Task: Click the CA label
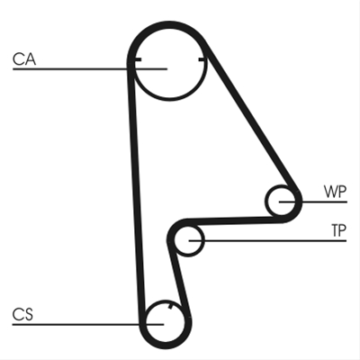point(24,59)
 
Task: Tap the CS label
point(22,315)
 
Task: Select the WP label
point(335,192)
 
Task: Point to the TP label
point(338,230)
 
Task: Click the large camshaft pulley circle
point(169,99)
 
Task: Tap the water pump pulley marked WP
point(266,201)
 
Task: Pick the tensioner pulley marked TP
point(204,240)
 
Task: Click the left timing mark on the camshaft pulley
point(138,60)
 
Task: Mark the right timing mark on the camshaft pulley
point(202,60)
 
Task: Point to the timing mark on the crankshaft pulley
point(171,306)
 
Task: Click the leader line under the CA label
point(90,69)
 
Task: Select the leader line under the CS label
point(88,324)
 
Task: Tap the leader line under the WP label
point(313,202)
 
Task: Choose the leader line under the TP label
point(267,240)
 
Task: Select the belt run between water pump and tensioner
point(234,220)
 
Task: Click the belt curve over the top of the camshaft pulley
point(169,24)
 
